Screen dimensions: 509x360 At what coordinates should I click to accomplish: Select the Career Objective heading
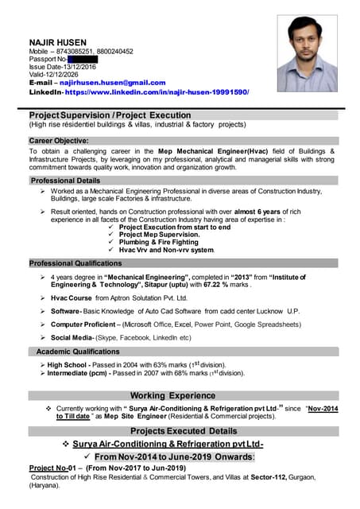[x=63, y=141]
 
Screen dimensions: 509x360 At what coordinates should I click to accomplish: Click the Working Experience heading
[x=172, y=395]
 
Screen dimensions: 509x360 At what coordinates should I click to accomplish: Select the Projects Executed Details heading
[x=180, y=430]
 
